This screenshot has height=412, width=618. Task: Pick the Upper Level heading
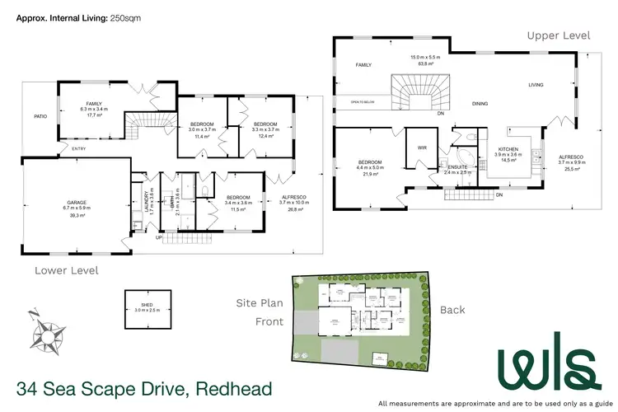coord(559,35)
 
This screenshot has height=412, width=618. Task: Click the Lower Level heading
coord(66,269)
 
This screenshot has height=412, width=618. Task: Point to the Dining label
coord(480,104)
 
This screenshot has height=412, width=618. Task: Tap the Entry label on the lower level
coord(79,148)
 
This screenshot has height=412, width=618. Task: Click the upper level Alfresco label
coord(570,156)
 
